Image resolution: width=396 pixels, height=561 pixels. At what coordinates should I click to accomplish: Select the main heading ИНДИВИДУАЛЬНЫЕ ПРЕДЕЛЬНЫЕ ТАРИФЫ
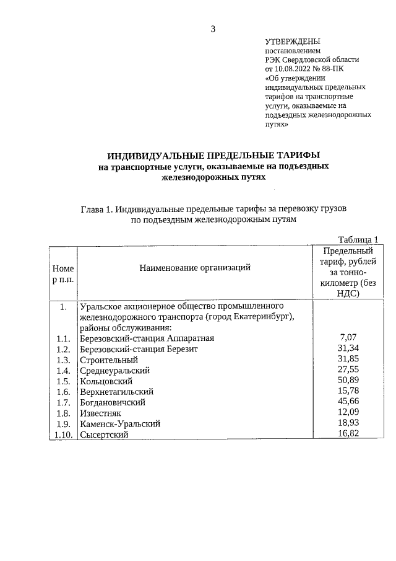click(x=213, y=155)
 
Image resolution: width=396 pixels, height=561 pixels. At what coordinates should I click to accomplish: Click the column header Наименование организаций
click(x=195, y=268)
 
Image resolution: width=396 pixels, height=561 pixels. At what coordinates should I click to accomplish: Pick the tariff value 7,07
click(x=349, y=338)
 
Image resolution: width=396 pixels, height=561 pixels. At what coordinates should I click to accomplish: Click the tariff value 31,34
click(x=349, y=348)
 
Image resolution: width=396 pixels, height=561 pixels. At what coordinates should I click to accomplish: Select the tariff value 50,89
click(x=349, y=381)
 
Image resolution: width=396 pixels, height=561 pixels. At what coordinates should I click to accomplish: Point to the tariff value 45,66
click(x=349, y=402)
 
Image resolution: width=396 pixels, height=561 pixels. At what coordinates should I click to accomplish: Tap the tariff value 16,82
click(x=349, y=434)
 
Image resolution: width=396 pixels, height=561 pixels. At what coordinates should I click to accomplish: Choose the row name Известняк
click(x=101, y=413)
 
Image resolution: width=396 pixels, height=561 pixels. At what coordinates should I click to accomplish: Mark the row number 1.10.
click(x=62, y=435)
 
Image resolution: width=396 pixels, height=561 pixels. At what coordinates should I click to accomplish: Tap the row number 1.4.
click(x=62, y=370)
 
